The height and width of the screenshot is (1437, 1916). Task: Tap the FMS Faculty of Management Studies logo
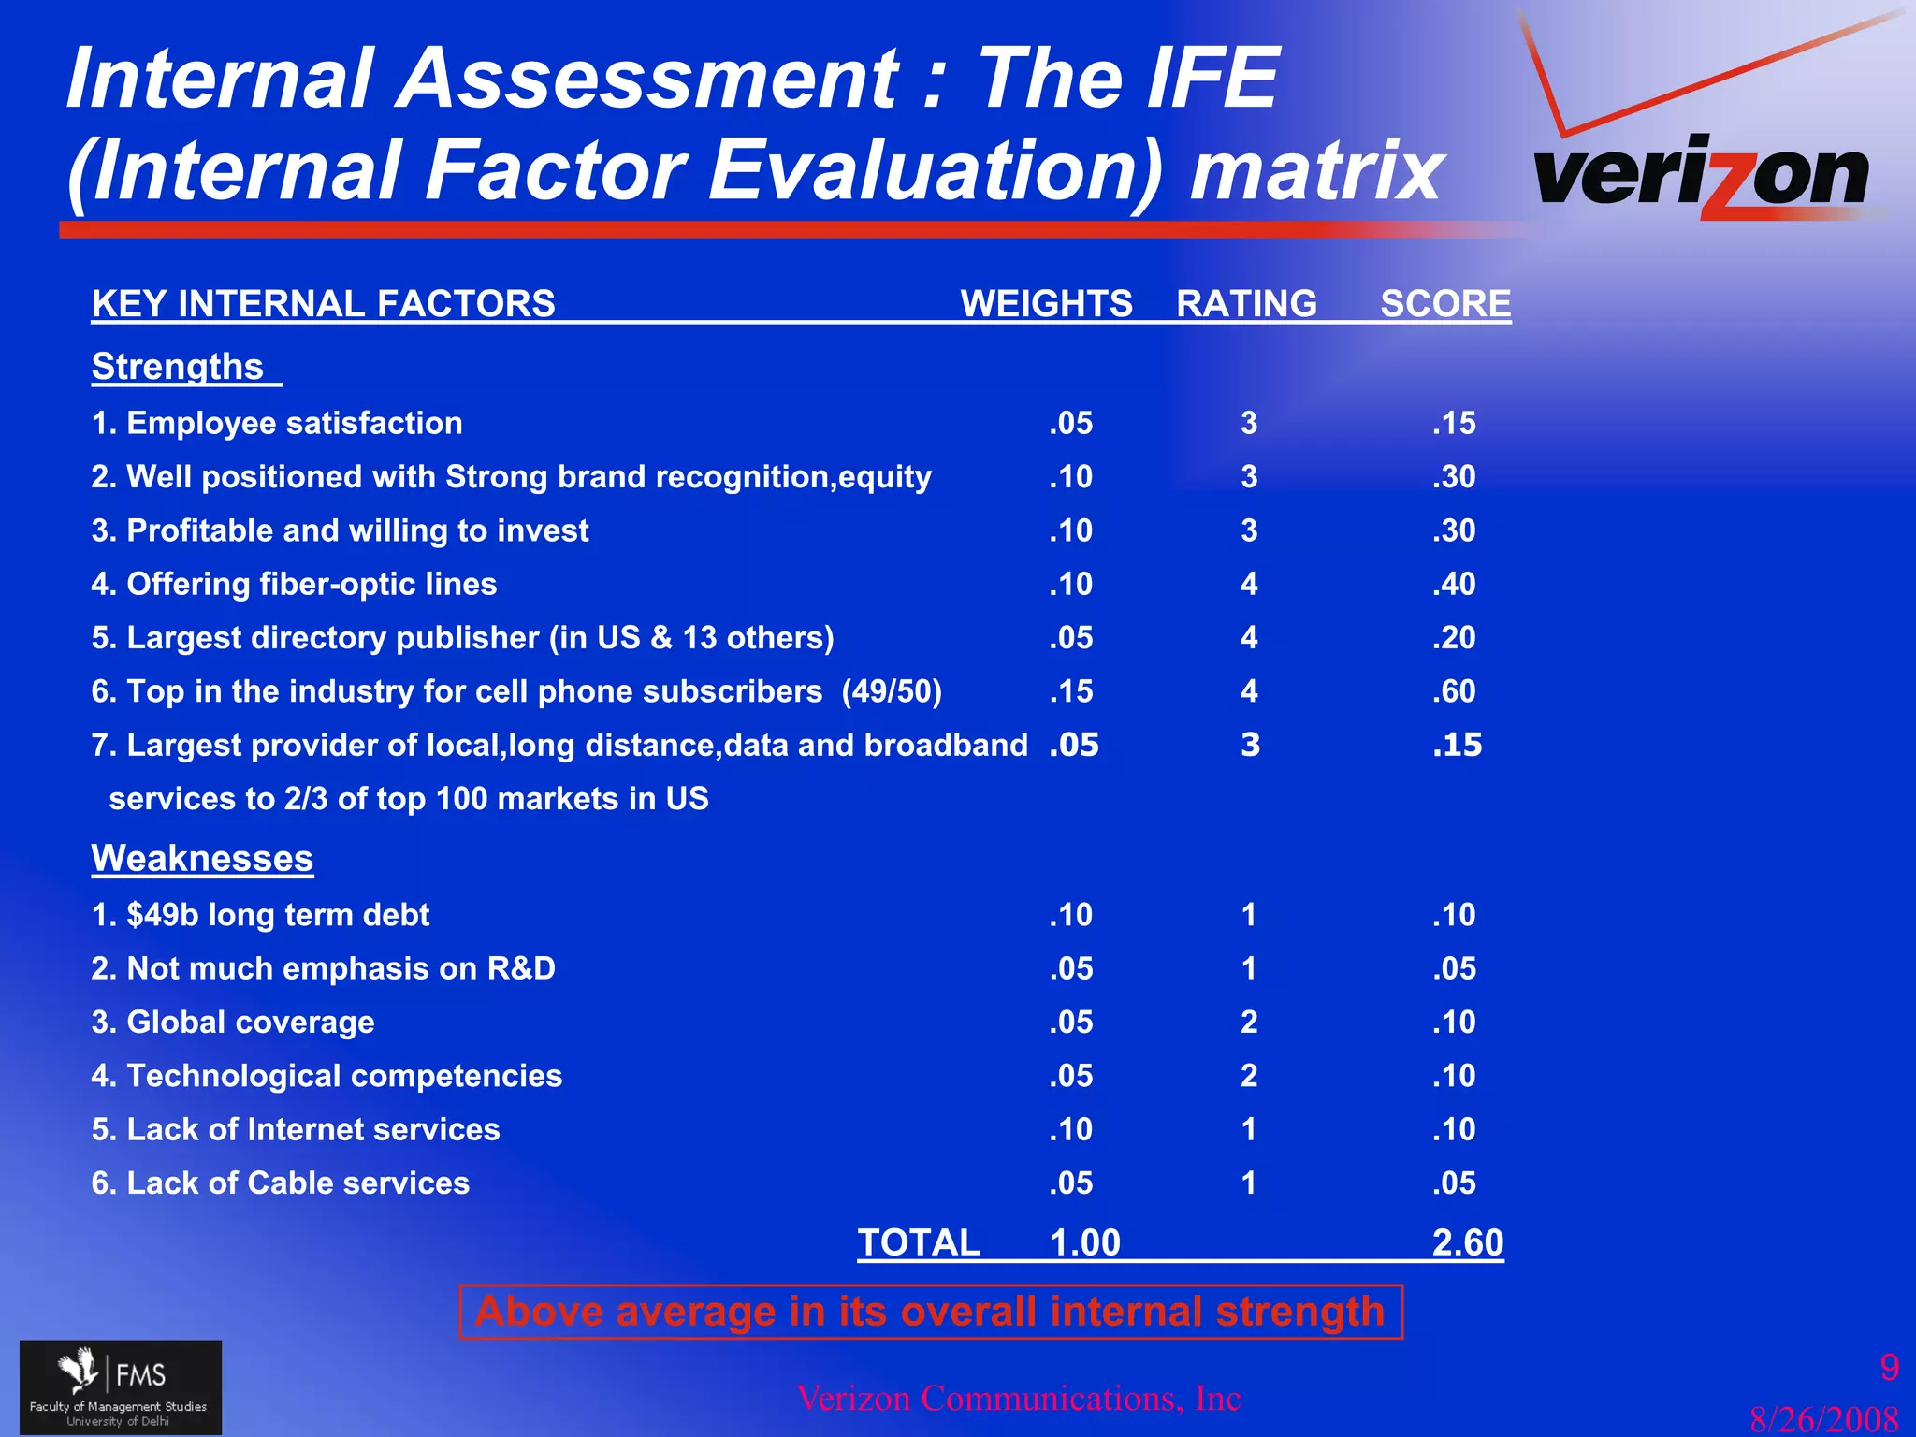[121, 1386]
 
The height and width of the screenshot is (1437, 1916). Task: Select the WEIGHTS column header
[1046, 304]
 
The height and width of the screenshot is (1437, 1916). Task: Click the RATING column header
[1246, 304]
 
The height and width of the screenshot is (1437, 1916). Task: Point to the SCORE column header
[1445, 304]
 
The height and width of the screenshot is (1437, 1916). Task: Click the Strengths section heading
[178, 367]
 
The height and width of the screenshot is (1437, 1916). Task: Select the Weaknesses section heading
[202, 858]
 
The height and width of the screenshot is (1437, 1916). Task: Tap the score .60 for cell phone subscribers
[1454, 691]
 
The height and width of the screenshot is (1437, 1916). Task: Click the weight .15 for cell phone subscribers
[1070, 691]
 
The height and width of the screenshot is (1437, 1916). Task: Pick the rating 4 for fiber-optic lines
[1249, 584]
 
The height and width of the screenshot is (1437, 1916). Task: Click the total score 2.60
[1468, 1242]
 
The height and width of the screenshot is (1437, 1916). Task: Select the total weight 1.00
[1084, 1242]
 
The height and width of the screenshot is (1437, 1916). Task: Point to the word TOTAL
[919, 1242]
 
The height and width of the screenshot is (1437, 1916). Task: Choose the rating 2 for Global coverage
[1249, 1022]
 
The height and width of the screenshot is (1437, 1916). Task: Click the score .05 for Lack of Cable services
[1454, 1183]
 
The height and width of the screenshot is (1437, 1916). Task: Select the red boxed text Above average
[930, 1312]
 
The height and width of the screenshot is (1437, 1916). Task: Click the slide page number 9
[1890, 1368]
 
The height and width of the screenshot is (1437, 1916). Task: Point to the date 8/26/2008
[1824, 1419]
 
